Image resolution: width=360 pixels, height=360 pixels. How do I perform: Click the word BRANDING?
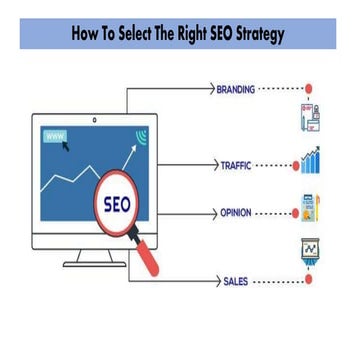coord(235,89)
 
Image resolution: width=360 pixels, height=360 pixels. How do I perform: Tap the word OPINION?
coord(236,213)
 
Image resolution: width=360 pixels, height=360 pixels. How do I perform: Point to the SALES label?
coord(235,283)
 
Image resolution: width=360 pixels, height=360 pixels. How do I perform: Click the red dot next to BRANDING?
coord(308,89)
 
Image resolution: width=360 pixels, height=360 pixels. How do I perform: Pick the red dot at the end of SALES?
coord(308,281)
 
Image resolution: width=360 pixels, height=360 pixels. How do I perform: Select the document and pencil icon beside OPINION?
coord(309,208)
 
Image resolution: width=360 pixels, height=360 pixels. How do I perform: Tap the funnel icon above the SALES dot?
coord(309,250)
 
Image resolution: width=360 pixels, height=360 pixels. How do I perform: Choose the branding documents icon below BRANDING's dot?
coord(308,118)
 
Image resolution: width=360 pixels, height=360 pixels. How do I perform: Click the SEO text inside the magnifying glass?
coord(118,206)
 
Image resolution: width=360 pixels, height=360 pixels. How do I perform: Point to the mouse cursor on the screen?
coord(67,146)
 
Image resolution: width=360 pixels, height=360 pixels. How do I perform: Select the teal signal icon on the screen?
coord(140,136)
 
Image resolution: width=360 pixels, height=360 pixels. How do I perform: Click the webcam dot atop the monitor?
coord(95,120)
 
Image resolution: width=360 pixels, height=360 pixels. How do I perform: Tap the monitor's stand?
coord(94,258)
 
